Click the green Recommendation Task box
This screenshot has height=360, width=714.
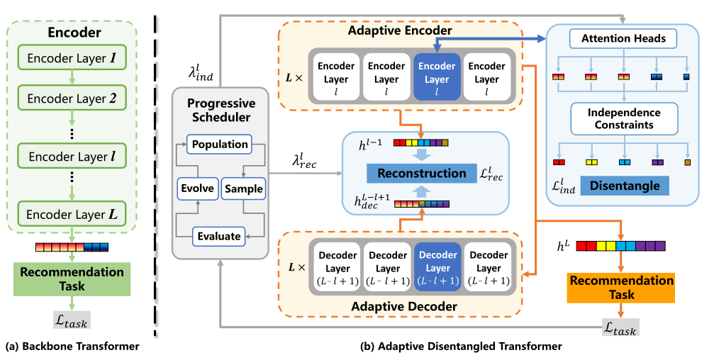click(71, 279)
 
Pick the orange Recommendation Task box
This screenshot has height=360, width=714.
click(620, 287)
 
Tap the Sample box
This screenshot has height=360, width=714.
click(243, 189)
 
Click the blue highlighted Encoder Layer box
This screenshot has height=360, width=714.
click(437, 73)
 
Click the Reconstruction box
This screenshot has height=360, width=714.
click(421, 173)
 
